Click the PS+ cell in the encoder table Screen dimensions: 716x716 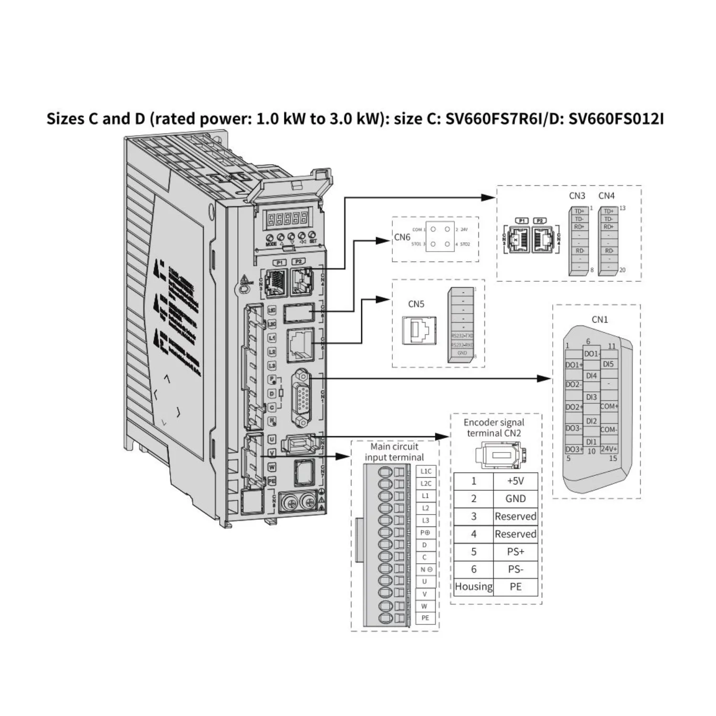(516, 552)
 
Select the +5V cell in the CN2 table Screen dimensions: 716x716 (516, 481)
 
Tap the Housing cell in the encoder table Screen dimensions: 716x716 (474, 587)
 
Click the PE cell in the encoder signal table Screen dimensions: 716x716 (516, 587)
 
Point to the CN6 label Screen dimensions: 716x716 (402, 237)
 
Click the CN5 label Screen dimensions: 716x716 (416, 304)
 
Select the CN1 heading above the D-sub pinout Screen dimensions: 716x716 (600, 320)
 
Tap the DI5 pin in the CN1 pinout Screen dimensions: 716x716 (608, 364)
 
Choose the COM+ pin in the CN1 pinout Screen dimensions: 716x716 (609, 407)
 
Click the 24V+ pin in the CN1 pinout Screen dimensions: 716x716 (609, 449)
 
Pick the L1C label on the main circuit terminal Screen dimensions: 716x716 (426, 471)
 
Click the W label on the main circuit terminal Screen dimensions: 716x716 (425, 606)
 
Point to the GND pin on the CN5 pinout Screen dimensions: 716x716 (462, 353)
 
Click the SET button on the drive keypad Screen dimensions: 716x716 (313, 237)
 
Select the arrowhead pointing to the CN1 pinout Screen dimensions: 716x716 (545, 378)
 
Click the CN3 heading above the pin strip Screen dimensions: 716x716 (577, 196)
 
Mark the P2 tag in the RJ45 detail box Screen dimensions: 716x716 (540, 221)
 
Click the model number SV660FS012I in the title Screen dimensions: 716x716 (616, 118)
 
